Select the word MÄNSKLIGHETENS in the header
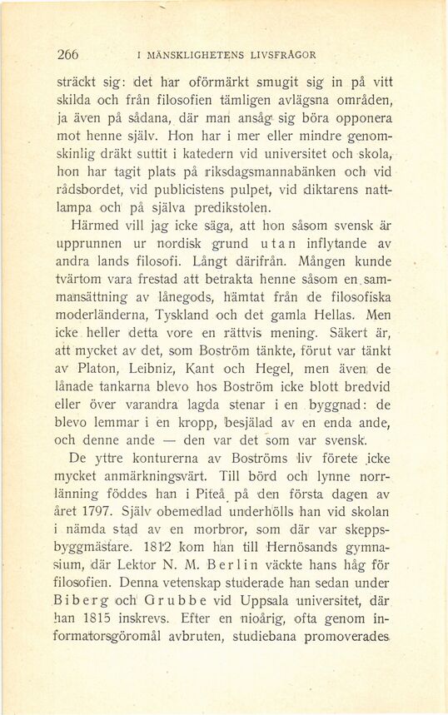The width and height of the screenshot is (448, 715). click(x=194, y=56)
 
